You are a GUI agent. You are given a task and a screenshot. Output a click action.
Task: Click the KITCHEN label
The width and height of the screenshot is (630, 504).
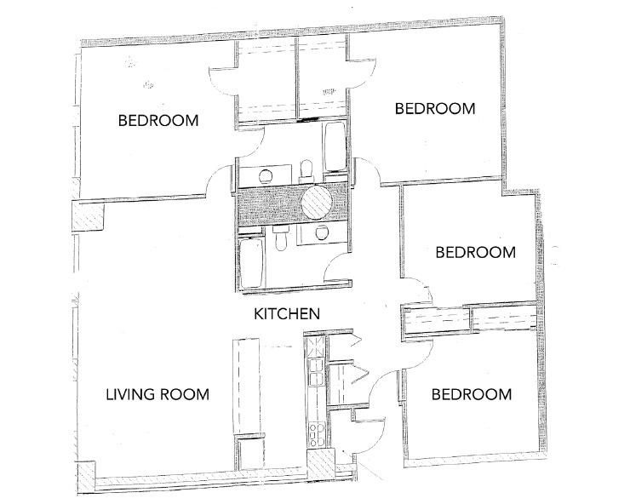coord(287,314)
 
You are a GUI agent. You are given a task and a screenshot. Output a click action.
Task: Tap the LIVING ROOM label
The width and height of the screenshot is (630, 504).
coord(157,394)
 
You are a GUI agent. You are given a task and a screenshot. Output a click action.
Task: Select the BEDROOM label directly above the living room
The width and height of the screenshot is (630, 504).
coord(158,120)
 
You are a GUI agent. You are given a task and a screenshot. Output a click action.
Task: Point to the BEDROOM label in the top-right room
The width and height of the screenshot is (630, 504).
coord(434,109)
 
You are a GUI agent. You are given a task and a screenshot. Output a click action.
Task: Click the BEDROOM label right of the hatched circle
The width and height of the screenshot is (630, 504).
coord(475,252)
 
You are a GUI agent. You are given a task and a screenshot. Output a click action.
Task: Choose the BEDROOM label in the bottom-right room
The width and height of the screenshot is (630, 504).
coord(471,394)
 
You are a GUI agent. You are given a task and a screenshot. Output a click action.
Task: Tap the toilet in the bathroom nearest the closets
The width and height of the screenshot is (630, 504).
coord(309,168)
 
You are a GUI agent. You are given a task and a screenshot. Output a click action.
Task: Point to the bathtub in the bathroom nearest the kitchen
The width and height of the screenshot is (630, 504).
coord(251,264)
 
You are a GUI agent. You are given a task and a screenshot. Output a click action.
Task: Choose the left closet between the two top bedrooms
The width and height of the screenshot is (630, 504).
coord(266,81)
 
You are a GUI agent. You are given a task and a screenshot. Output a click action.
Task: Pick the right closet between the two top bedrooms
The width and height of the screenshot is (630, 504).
coord(322,81)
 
